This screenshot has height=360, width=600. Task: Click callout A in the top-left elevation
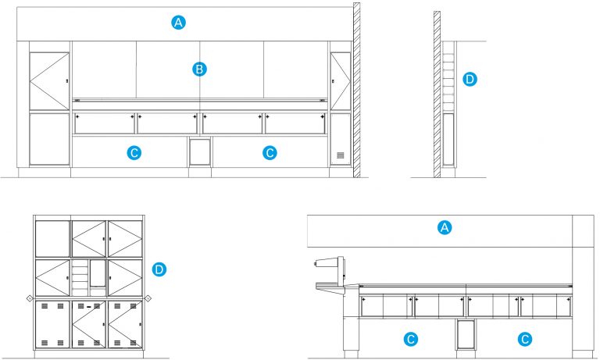179,23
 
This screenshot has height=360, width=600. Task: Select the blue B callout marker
199,70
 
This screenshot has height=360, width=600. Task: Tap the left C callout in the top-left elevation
134,153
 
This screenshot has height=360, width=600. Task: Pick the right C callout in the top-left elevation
270,153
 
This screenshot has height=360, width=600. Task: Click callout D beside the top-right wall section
470,79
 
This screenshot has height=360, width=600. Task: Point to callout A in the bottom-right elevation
445,227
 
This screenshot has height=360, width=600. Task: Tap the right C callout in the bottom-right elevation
526,339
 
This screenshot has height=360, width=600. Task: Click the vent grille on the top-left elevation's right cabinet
340,155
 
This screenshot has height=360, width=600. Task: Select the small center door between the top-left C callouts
200,151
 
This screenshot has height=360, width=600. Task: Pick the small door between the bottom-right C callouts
466,334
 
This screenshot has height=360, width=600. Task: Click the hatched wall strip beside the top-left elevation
356,90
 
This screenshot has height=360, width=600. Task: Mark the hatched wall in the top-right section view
437,94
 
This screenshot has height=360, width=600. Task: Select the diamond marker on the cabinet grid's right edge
148,299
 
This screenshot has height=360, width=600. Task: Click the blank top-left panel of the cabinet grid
52,238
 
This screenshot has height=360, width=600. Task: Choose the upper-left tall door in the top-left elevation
49,81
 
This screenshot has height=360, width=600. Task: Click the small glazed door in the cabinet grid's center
97,275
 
